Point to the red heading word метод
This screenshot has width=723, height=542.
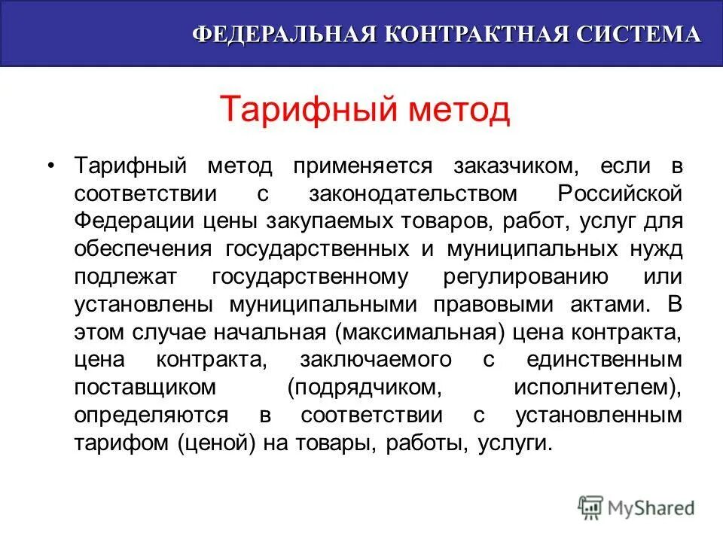click(x=459, y=111)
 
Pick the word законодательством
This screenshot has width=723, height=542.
click(x=413, y=193)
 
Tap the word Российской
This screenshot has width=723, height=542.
click(x=620, y=193)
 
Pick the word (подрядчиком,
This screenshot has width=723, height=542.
click(x=364, y=388)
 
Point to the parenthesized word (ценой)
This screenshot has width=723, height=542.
click(x=221, y=443)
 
